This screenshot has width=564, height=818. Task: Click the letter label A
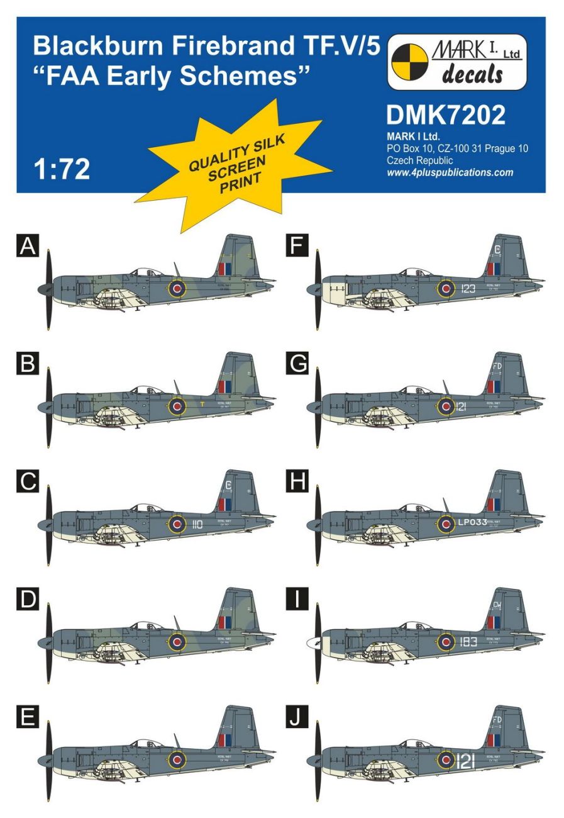pos(28,246)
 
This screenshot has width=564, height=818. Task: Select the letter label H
pos(296,482)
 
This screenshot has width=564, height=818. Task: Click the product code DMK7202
pos(445,115)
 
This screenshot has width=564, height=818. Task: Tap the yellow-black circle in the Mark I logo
pos(409,62)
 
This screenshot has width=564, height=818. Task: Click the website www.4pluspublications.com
pos(450,172)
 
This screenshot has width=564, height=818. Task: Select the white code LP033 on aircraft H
pos(472,522)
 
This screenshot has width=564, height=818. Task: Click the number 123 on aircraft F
pos(468,289)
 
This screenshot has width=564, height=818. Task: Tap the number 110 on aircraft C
pos(197,524)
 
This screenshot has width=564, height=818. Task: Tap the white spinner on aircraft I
pos(312,643)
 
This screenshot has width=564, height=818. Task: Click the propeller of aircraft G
pos(318,406)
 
